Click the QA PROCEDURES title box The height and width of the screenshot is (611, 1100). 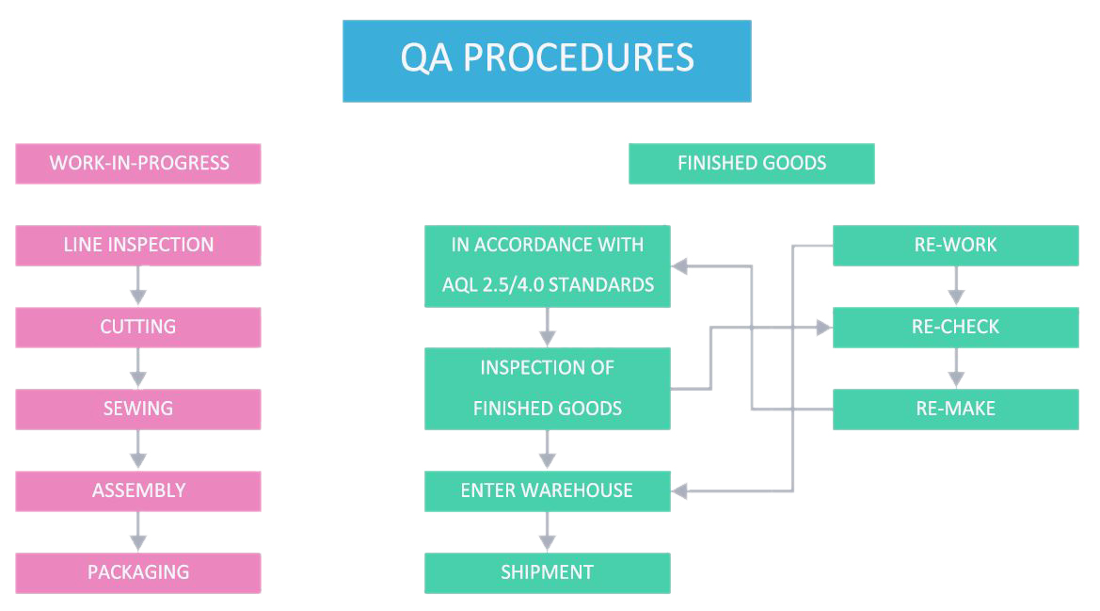click(547, 61)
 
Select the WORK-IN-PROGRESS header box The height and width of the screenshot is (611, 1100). click(138, 164)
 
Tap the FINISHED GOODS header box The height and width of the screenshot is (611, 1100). click(751, 164)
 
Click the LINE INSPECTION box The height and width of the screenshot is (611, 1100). click(138, 246)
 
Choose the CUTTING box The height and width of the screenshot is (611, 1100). click(138, 327)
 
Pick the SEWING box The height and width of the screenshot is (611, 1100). click(138, 409)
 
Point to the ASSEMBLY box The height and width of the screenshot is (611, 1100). click(138, 491)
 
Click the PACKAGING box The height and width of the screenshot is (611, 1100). click(138, 572)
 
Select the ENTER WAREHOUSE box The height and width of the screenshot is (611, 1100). click(548, 491)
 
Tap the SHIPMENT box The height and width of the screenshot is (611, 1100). click(548, 572)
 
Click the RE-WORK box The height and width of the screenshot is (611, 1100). click(955, 246)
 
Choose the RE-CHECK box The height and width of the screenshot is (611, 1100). click(955, 327)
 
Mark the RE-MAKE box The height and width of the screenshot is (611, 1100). click(955, 409)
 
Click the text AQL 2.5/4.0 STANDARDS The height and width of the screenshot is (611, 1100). click(548, 285)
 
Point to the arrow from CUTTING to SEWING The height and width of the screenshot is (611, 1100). click(138, 368)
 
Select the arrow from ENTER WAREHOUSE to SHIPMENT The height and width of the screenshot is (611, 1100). click(548, 532)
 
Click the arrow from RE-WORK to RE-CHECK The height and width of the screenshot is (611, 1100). click(955, 286)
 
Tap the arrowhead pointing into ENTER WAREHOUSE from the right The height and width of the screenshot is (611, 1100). click(679, 491)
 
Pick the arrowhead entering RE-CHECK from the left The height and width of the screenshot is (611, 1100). click(824, 327)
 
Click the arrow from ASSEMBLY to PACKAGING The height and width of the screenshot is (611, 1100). click(138, 532)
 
